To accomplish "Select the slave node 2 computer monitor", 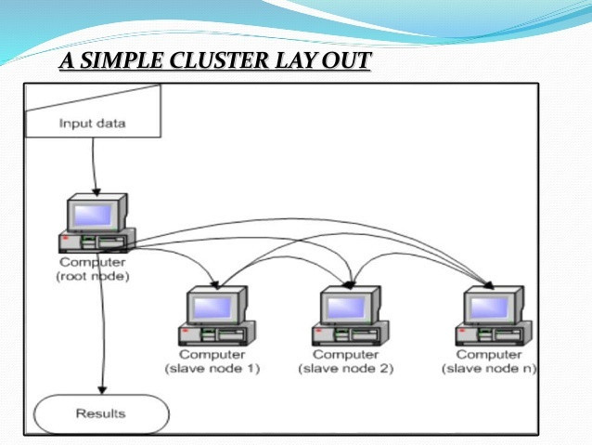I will tap(350, 306).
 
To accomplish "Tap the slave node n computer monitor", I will tap(492, 306).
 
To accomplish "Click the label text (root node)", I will tap(94, 276).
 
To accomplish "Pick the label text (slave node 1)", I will tap(212, 368).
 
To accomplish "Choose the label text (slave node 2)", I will tap(346, 368).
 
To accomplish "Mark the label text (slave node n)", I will tap(490, 368).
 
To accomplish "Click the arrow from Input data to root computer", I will tap(94, 167).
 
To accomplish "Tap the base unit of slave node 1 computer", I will tap(214, 334).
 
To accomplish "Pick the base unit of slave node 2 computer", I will tap(348, 334).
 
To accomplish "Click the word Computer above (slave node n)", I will tap(490, 355).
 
